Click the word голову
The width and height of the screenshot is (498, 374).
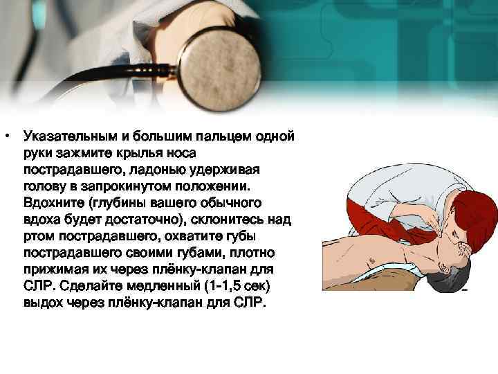point(44,186)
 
